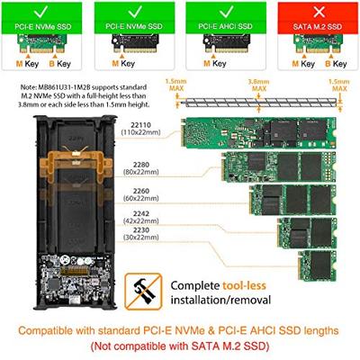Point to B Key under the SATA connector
[337, 65]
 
